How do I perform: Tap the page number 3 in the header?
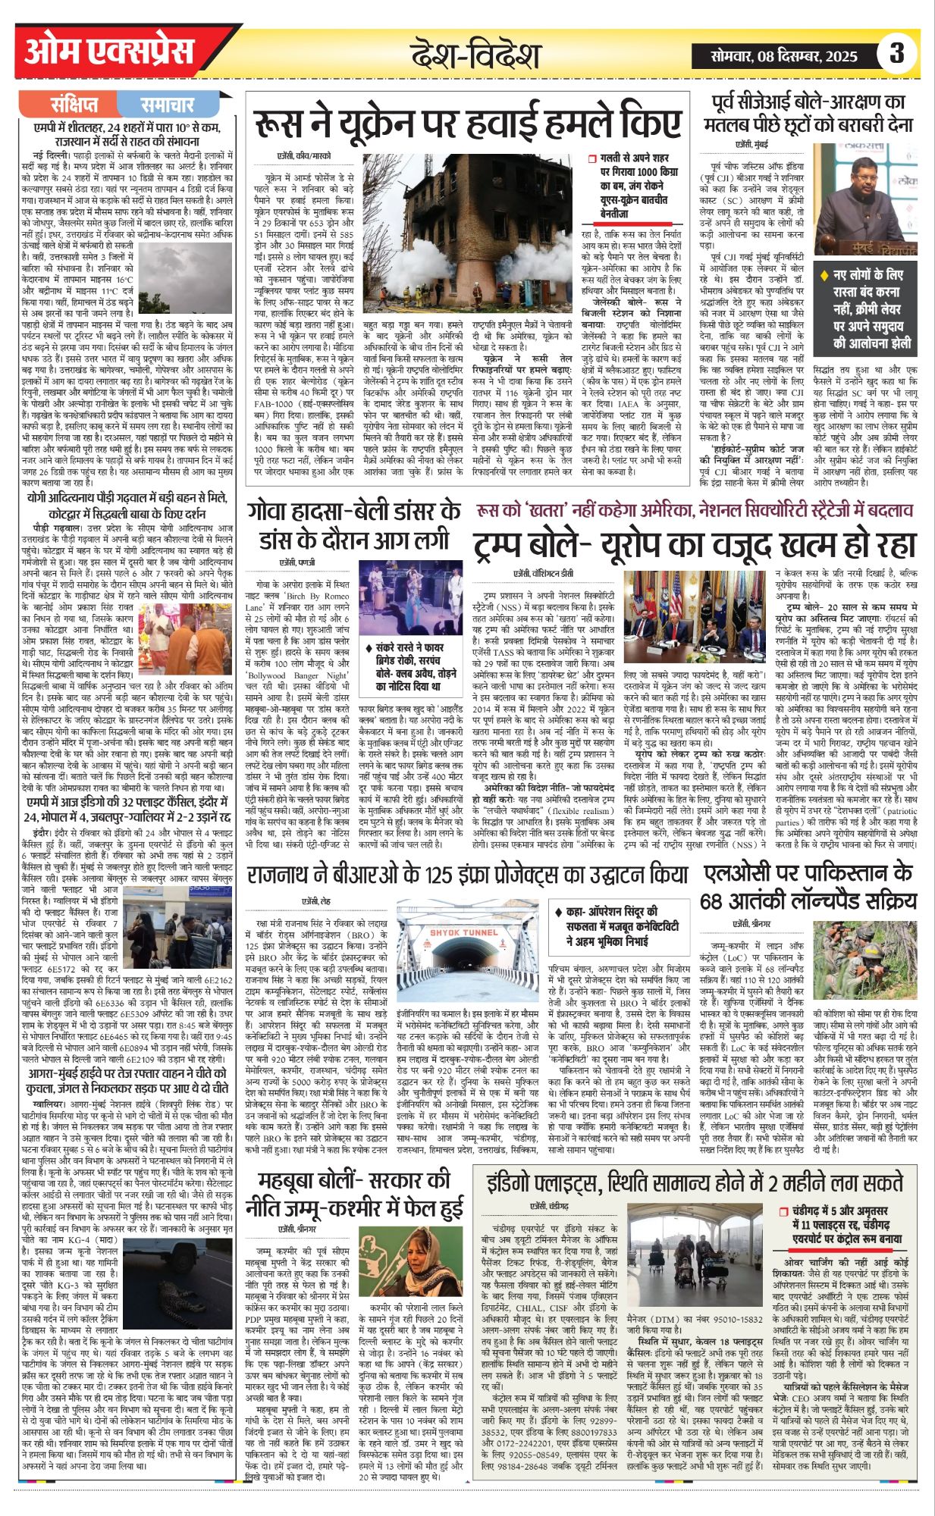click(897, 54)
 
